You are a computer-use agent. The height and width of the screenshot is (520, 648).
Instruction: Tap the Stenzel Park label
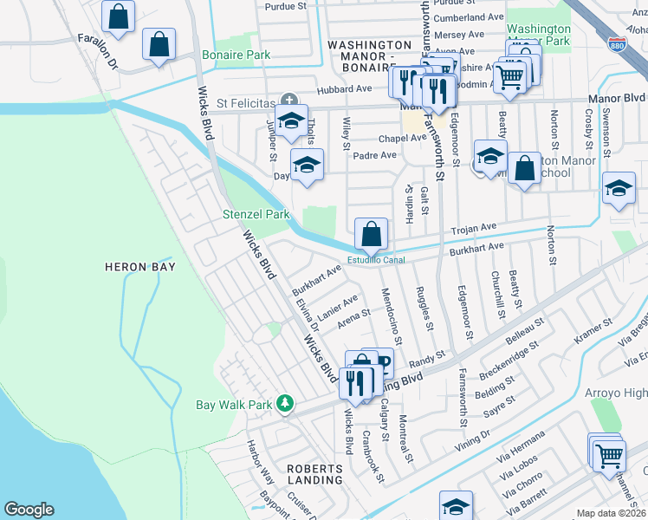(x=256, y=214)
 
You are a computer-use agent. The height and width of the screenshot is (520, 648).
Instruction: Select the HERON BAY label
(x=140, y=267)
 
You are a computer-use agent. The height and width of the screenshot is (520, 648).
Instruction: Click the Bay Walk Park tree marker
(x=284, y=404)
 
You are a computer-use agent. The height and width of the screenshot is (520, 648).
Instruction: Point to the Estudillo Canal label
(x=377, y=258)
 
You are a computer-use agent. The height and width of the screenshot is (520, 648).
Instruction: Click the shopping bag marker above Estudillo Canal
(x=371, y=234)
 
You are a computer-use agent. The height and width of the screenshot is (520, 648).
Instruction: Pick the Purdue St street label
(x=286, y=5)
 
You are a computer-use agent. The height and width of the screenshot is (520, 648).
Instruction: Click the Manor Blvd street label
(x=618, y=99)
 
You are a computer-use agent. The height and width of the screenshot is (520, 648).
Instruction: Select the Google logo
(x=29, y=510)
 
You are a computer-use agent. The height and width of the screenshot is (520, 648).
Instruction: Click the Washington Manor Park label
(x=538, y=34)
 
